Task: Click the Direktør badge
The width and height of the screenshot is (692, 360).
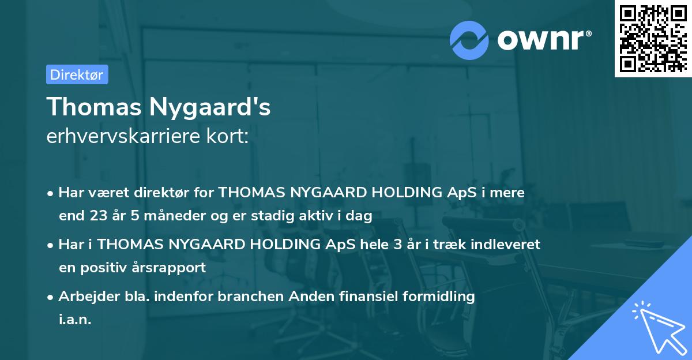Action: [77, 74]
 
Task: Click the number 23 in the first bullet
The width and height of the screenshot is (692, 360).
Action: [98, 216]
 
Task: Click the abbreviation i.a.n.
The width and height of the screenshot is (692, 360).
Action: [75, 320]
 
